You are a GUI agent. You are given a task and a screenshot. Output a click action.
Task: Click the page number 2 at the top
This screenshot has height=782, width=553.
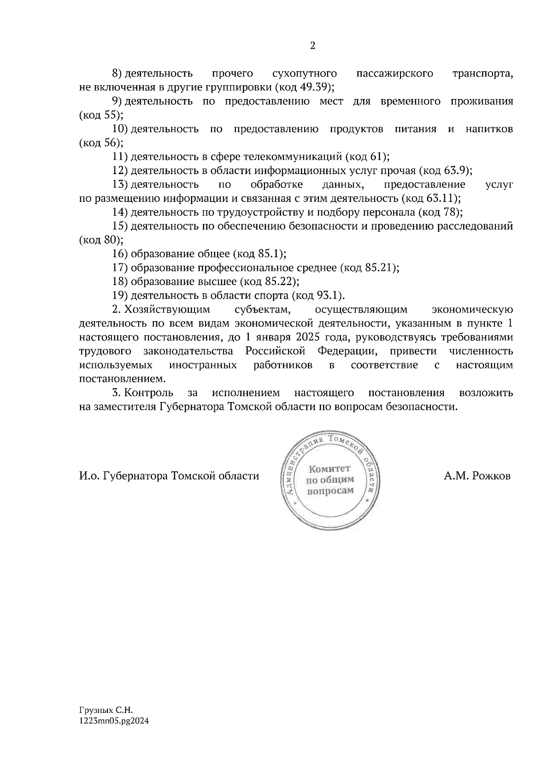click(x=313, y=46)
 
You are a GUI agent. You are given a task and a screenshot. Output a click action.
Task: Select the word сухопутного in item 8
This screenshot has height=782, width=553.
click(x=304, y=73)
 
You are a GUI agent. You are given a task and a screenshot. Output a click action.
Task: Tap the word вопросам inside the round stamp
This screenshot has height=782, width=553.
click(x=330, y=490)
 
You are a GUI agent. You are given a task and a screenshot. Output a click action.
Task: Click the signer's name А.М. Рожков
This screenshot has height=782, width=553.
click(x=477, y=476)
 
